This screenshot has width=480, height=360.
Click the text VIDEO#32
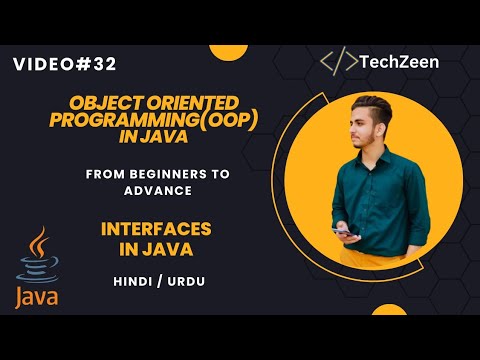pos(65,64)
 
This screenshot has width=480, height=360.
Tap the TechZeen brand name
pos(399,62)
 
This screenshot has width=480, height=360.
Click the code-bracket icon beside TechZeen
pos(339,61)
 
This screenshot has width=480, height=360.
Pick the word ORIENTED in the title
pos(193,103)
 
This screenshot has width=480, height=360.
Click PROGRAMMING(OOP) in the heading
pos(154,120)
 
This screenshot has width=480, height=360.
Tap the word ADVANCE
pos(158,191)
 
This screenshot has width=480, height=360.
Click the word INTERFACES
pos(156,229)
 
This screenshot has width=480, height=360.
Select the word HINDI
pos(133,282)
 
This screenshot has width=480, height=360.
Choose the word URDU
pos(186,282)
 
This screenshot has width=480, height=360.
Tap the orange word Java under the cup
pos(37,297)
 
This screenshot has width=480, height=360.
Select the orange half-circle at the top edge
pos(229,53)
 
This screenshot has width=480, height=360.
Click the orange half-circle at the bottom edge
pos(389,310)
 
